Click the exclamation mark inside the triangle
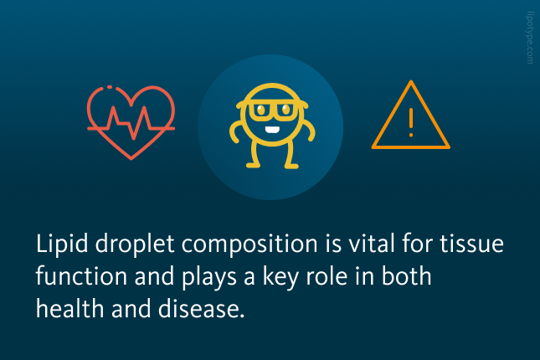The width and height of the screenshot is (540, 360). click(x=411, y=122)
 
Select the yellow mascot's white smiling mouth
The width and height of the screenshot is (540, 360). click(x=272, y=130)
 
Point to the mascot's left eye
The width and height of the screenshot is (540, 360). click(x=261, y=110)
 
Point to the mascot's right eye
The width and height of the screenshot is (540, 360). click(x=285, y=110)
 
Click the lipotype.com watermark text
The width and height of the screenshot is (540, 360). click(x=530, y=38)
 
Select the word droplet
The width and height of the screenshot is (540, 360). click(x=135, y=244)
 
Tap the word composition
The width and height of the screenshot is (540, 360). click(x=249, y=244)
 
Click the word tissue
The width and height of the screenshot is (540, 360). click(x=472, y=243)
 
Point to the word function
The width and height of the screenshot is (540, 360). click(x=81, y=275)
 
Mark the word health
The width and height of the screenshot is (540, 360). click(x=70, y=308)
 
